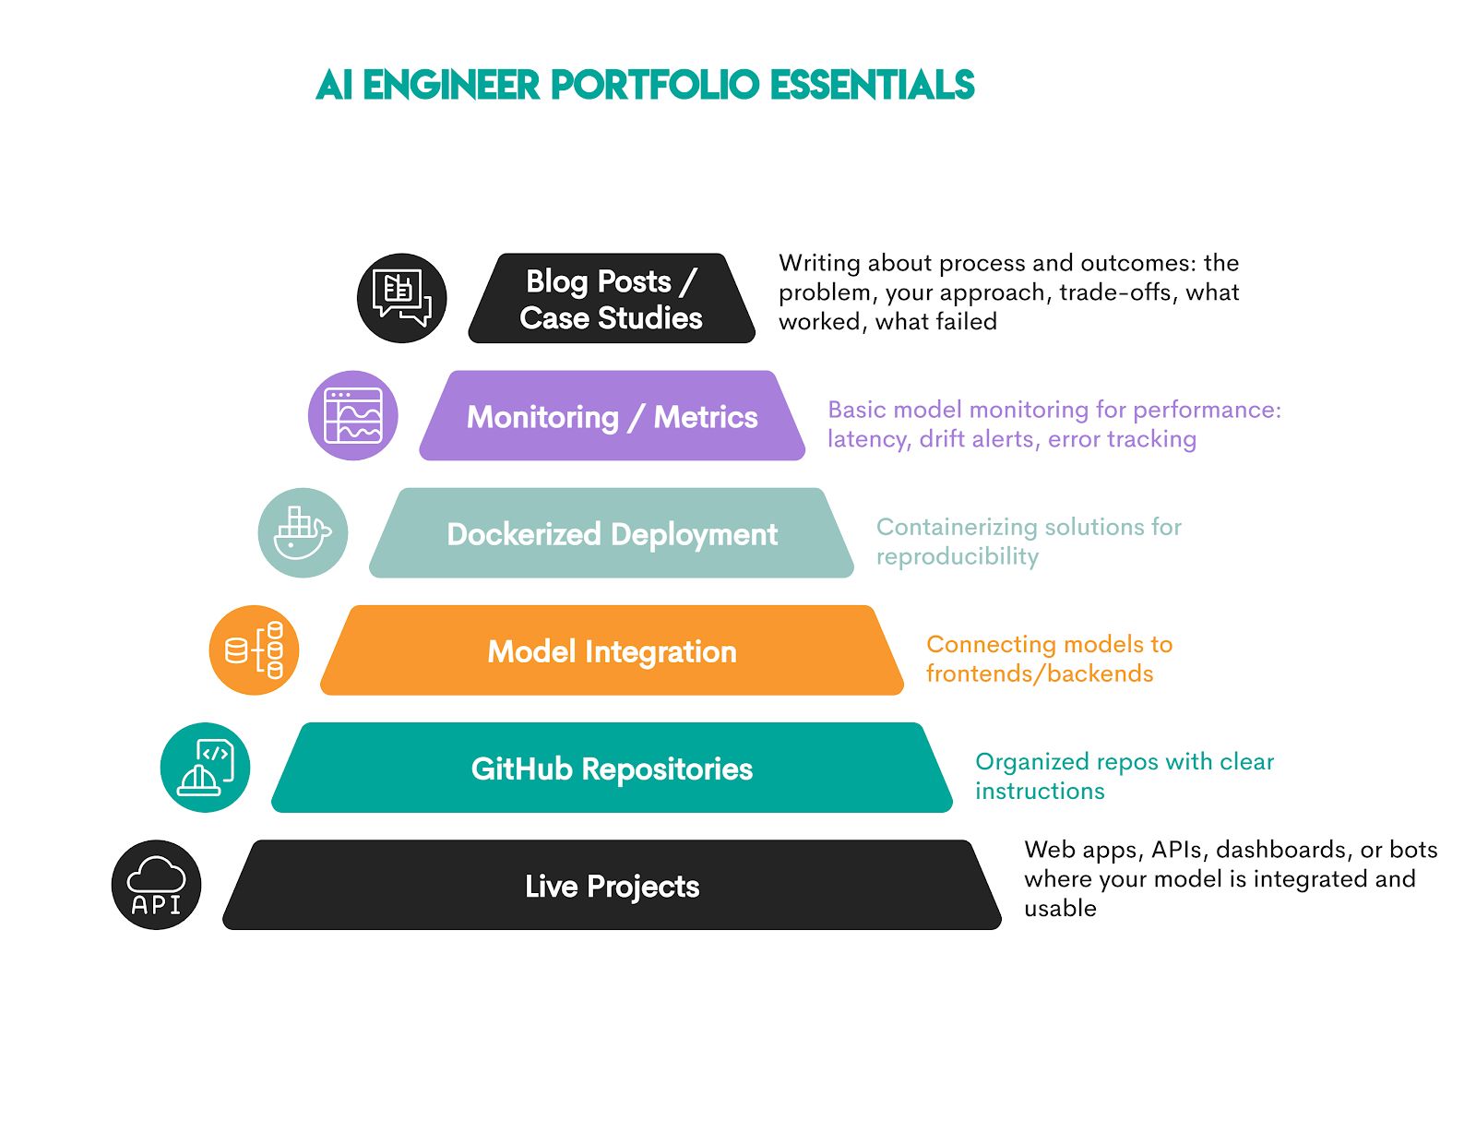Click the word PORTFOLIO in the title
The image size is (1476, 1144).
(x=656, y=85)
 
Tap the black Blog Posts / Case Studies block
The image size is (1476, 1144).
(x=611, y=299)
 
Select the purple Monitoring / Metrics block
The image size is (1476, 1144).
(x=612, y=416)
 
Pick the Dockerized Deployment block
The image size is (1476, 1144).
(x=612, y=533)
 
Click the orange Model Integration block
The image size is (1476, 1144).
(x=612, y=651)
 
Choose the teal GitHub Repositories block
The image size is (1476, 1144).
(x=612, y=769)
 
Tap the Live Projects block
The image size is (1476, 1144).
(x=612, y=886)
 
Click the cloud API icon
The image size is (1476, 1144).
(x=156, y=885)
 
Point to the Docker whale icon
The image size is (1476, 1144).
(x=303, y=533)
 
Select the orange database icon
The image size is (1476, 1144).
(x=254, y=650)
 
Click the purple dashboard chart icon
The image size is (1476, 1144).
(x=352, y=416)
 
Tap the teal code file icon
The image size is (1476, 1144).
(x=205, y=768)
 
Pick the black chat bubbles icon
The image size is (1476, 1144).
(x=401, y=298)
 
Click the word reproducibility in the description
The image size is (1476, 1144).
(x=957, y=556)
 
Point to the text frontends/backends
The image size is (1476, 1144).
(x=1040, y=673)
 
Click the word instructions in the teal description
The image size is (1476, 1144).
(x=1040, y=791)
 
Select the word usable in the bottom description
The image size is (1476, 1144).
(x=1060, y=909)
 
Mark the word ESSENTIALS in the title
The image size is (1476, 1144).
(x=872, y=85)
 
